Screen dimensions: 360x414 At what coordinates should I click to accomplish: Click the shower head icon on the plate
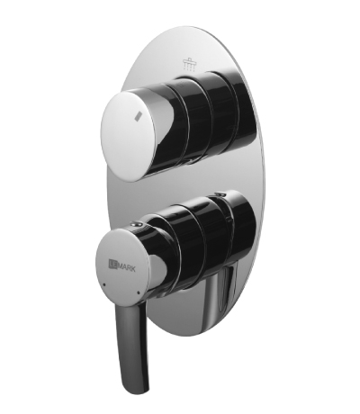(x=188, y=65)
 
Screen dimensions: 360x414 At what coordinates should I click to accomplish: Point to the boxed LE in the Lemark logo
(x=112, y=265)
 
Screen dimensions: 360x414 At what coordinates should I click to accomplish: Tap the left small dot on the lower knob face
(x=103, y=284)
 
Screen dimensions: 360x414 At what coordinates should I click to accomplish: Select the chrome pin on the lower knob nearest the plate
(x=218, y=194)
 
